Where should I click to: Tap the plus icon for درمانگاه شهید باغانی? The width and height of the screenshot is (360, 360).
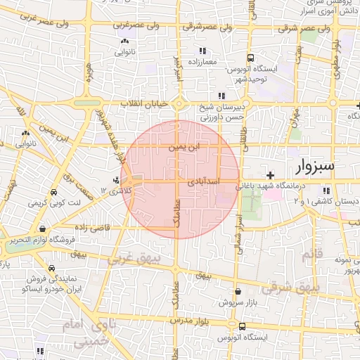pos(270,175)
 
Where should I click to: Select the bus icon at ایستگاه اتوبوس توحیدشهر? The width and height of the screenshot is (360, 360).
pos(250,58)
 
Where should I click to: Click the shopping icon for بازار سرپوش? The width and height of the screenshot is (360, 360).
pos(238,291)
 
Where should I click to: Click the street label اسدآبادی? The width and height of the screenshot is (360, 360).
pos(205,181)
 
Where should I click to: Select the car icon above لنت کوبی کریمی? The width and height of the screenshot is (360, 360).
pos(54,192)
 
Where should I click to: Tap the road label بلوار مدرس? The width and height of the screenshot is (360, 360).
pos(193,319)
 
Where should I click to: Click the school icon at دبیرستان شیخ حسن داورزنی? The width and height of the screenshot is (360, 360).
pos(221,96)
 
